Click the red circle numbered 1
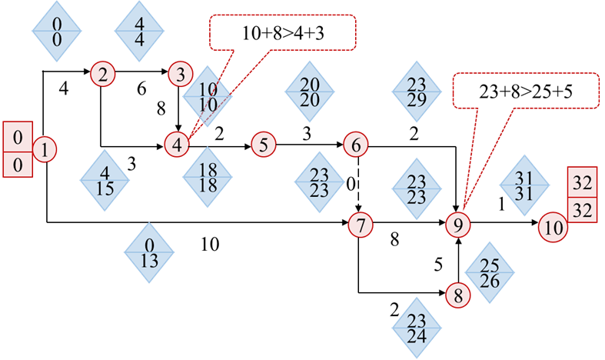click(x=45, y=149)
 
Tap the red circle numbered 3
click(x=180, y=74)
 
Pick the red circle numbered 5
click(x=263, y=144)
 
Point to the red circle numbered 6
click(x=356, y=144)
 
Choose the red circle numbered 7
click(x=360, y=225)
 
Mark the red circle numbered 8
click(x=459, y=295)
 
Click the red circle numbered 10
click(x=553, y=228)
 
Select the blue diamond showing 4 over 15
click(x=105, y=178)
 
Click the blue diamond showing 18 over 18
click(x=208, y=177)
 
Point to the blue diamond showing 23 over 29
click(x=416, y=92)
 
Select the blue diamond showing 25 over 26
click(x=490, y=273)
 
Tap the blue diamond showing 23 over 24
click(x=417, y=327)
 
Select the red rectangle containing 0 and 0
click(x=18, y=149)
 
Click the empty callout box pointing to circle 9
click(x=525, y=90)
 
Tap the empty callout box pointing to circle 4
click(x=283, y=32)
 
